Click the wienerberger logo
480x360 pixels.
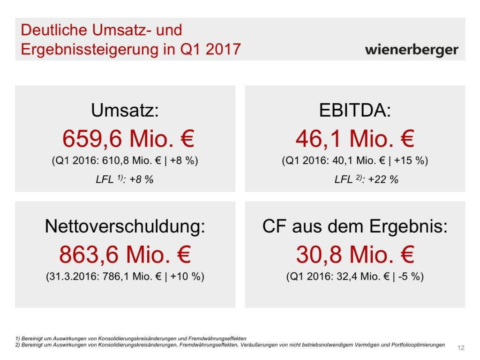(x=412, y=50)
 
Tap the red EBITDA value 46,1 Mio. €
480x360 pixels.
(x=355, y=139)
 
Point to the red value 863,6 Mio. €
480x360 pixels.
(x=125, y=255)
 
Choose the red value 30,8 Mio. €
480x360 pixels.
(x=355, y=255)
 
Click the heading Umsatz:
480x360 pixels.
(x=125, y=111)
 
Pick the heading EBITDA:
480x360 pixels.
(x=355, y=111)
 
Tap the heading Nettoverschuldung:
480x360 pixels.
(x=125, y=227)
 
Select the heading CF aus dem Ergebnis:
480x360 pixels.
(x=355, y=227)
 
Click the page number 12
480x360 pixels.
(x=460, y=348)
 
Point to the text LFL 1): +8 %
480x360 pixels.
(x=125, y=179)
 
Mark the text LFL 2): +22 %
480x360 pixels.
(x=366, y=179)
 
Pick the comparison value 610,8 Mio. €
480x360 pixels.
(x=134, y=161)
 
